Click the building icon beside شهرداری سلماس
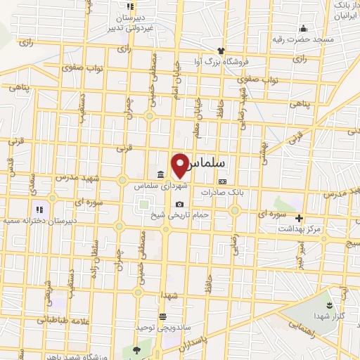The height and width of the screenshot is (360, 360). click(162, 174)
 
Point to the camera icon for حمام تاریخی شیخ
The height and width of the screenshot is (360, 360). click(179, 205)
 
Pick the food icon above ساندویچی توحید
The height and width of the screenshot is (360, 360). click(163, 316)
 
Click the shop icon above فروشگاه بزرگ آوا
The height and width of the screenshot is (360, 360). click(221, 51)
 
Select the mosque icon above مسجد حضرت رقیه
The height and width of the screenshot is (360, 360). click(303, 29)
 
